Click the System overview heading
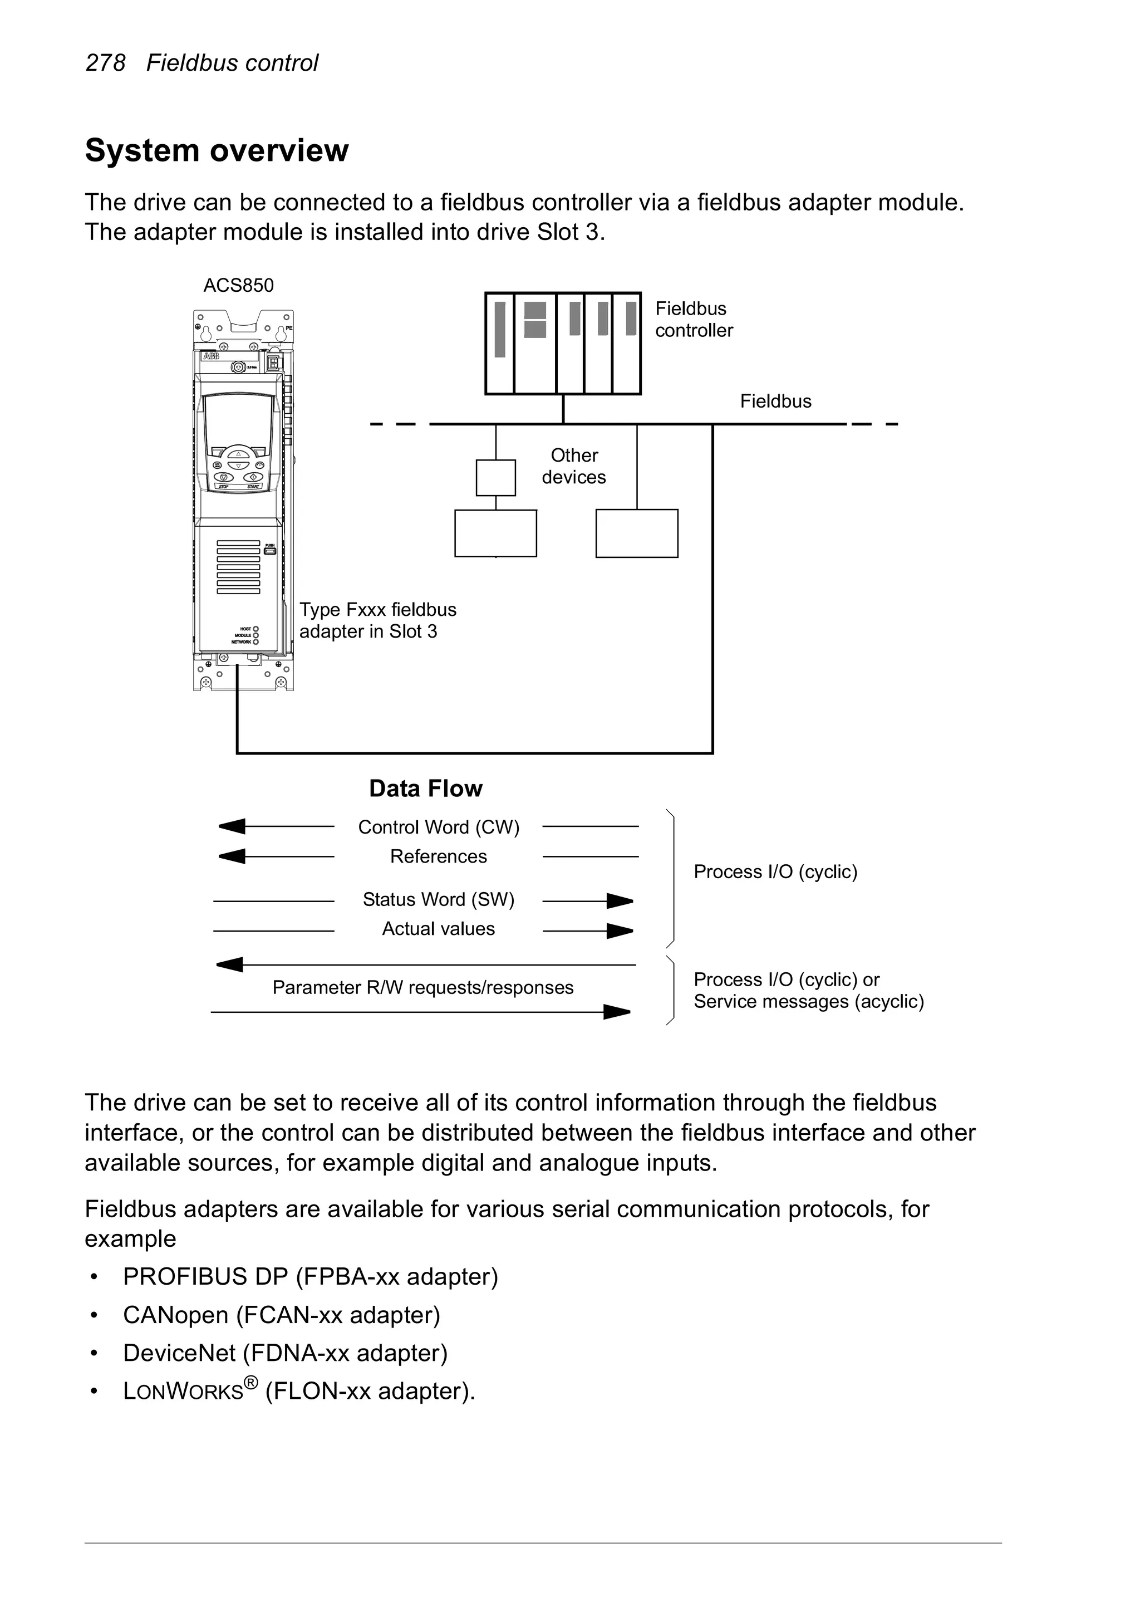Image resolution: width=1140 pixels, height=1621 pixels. pos(216,150)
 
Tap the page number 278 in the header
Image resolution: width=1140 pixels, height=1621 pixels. pos(105,63)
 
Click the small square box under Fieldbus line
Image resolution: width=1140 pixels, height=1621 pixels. pos(495,478)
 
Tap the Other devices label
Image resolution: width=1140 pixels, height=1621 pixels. pos(574,466)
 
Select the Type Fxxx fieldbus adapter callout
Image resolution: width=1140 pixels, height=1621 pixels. pos(377,620)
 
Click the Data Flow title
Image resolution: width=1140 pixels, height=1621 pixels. pos(426,788)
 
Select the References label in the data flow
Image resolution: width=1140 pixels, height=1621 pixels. pos(438,856)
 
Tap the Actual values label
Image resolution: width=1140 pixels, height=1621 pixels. pos(438,928)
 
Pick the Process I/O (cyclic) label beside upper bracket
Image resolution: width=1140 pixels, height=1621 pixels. pos(775,872)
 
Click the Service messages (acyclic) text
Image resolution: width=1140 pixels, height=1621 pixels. pos(808,1001)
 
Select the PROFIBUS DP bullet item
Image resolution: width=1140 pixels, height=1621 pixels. pos(310,1276)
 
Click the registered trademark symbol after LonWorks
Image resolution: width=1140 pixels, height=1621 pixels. pos(251,1380)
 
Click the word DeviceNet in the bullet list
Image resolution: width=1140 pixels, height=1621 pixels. pos(179,1353)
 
